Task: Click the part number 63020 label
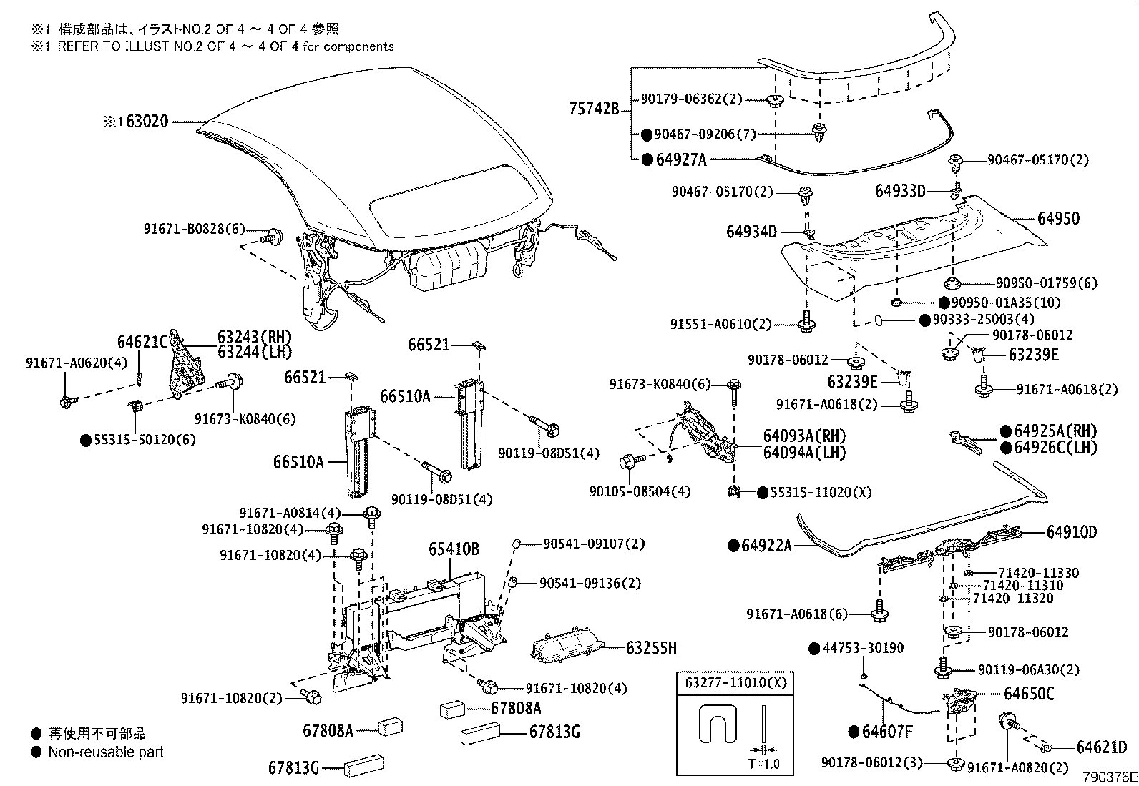[147, 122]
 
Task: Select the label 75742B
[593, 109]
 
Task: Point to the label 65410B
[454, 549]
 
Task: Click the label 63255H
[650, 648]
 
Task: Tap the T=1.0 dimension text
[763, 763]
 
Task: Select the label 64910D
[1071, 532]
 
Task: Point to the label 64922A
[766, 546]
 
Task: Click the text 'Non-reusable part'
[105, 752]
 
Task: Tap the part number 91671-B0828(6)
[194, 229]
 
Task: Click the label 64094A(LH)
[803, 452]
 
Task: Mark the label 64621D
[1101, 747]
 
